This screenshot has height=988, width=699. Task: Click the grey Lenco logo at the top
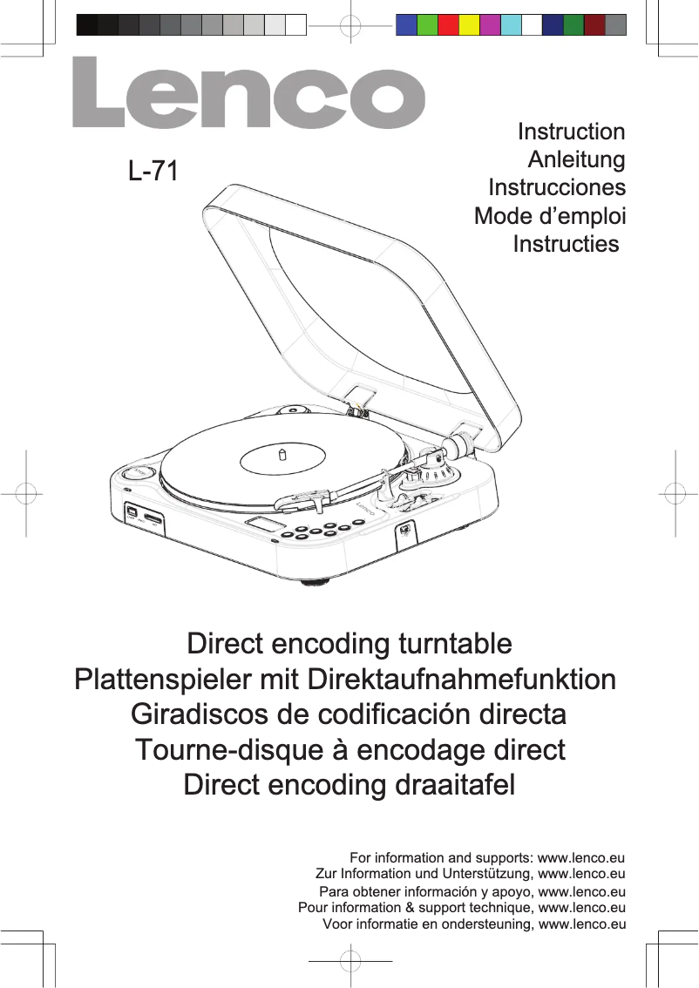tap(248, 94)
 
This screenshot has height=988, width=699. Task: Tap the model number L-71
tap(153, 171)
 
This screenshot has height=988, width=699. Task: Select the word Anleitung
tap(577, 160)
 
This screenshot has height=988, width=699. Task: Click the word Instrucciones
tap(557, 188)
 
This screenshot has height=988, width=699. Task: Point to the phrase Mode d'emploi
tap(550, 216)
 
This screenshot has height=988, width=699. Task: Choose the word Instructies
tap(567, 244)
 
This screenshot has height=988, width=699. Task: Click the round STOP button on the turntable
tap(138, 473)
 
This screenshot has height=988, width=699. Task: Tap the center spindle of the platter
tap(282, 454)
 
